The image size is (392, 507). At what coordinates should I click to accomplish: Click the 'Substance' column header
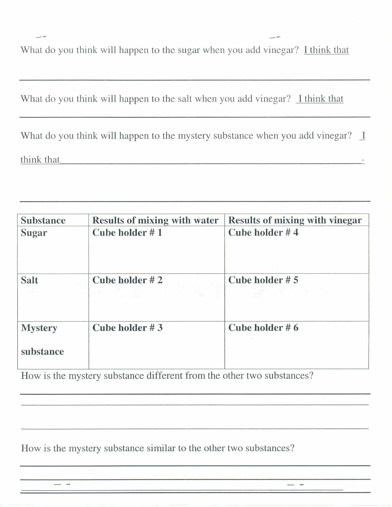(43, 220)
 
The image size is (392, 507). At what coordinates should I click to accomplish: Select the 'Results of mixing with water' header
(155, 220)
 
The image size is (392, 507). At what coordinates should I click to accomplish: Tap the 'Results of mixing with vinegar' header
(295, 220)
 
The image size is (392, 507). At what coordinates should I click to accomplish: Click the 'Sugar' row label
(34, 233)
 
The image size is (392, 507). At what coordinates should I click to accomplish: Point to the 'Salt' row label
(30, 280)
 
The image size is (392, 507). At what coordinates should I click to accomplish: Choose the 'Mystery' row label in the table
(39, 328)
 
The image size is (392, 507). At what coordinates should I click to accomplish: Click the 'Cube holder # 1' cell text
(127, 233)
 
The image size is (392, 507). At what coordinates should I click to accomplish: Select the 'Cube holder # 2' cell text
(127, 280)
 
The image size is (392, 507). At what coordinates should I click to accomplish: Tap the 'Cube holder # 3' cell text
(127, 328)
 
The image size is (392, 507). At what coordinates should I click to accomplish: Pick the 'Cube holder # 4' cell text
(263, 233)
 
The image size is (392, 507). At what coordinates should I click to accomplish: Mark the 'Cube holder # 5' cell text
(263, 280)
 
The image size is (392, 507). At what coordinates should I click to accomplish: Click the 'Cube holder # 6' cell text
(263, 328)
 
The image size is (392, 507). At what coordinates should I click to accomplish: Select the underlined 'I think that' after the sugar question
(326, 50)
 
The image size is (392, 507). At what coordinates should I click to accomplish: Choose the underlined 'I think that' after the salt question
(320, 99)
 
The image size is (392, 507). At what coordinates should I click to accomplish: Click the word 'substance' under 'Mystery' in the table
(42, 352)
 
